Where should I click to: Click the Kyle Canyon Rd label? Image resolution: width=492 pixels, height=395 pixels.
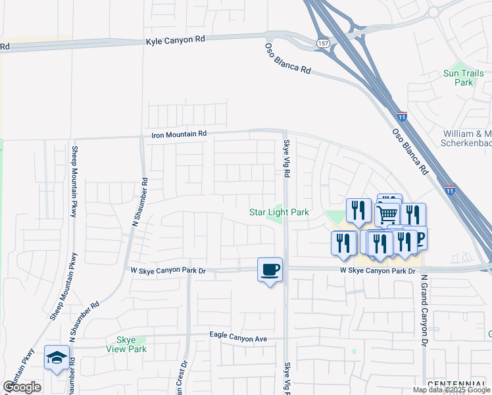[x=175, y=39]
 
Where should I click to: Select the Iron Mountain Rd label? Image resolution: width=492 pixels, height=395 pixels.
[x=179, y=134]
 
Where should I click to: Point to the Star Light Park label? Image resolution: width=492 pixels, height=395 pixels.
[x=279, y=213]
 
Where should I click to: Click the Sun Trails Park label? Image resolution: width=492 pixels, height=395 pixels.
[x=464, y=78]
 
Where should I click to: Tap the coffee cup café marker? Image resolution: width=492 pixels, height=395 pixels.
[x=270, y=269]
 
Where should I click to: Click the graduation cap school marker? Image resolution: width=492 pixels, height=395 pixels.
[x=57, y=358]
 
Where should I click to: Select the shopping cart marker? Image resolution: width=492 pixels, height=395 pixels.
[x=387, y=213]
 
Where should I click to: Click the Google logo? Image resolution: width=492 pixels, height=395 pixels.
[x=22, y=387]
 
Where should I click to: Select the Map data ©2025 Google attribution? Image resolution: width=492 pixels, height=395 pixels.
[x=451, y=390]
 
